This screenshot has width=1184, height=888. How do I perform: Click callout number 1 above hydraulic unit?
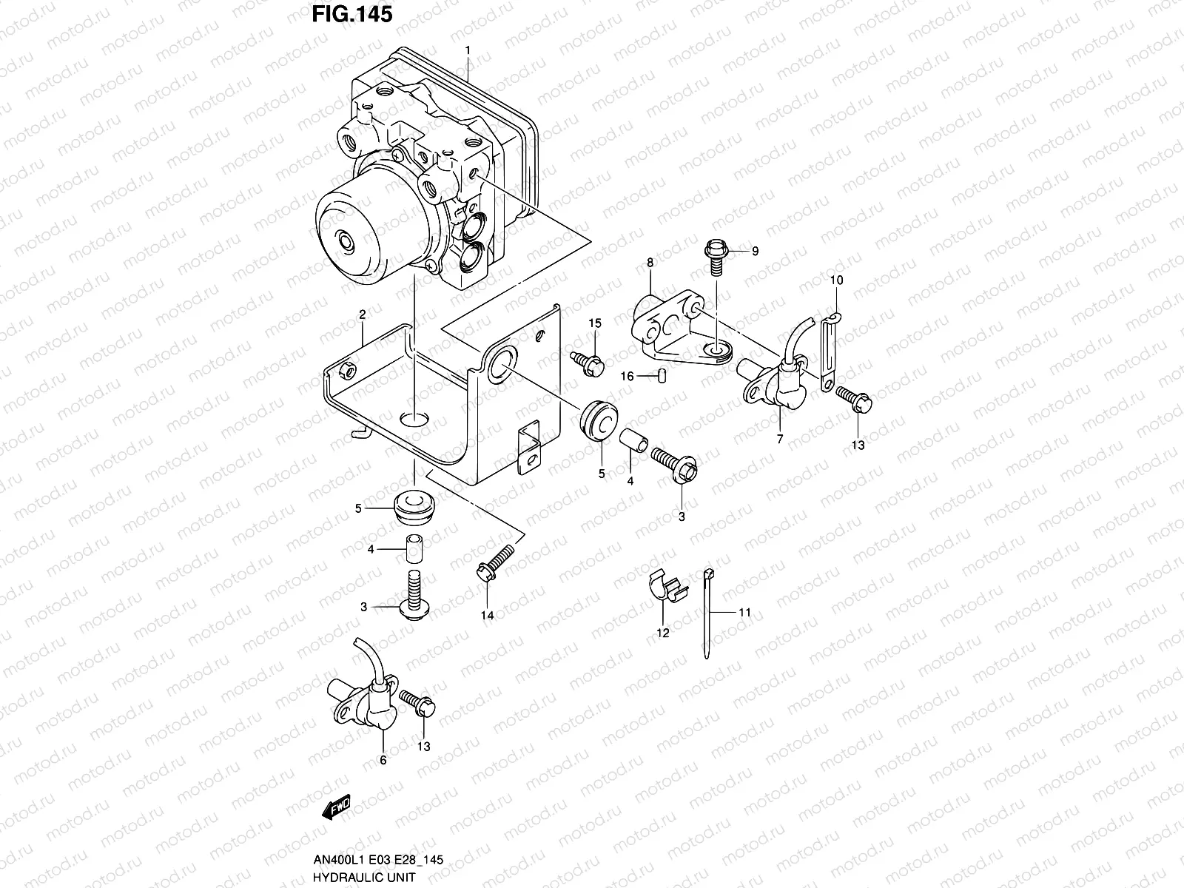click(x=467, y=50)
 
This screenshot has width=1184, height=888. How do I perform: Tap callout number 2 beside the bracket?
click(x=363, y=314)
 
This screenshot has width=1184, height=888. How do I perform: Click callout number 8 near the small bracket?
click(x=650, y=262)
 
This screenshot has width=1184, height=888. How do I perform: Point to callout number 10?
click(x=836, y=280)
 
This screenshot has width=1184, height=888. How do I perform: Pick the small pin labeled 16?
click(x=662, y=376)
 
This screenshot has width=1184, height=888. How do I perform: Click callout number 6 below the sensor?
click(x=383, y=759)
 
